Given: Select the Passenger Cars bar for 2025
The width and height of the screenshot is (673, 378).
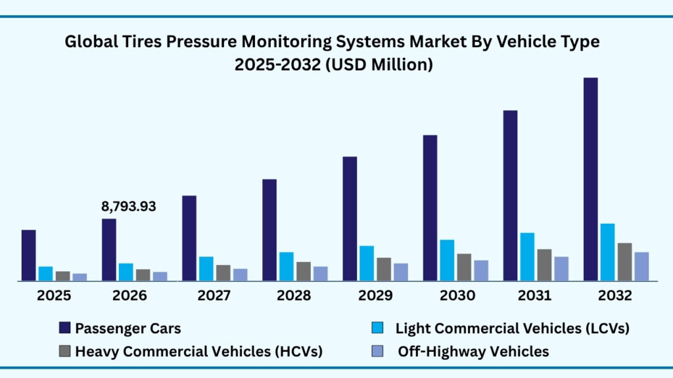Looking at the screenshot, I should click(28, 255).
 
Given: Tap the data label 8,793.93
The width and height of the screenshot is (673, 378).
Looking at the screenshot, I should click(129, 206).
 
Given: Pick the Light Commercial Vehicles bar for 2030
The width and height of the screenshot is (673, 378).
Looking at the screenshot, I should click(447, 260).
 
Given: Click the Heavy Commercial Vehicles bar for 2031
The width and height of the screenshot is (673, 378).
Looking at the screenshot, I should click(544, 264).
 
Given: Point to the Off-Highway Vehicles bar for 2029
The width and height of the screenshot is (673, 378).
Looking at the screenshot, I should click(401, 272).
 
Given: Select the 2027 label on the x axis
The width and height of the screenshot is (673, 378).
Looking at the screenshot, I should click(214, 296).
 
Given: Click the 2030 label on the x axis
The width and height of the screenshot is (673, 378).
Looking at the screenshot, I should click(457, 296).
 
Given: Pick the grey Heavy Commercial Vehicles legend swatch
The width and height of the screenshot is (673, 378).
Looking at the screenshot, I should click(64, 352).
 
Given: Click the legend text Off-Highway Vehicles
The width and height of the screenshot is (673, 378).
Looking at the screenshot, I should click(473, 352).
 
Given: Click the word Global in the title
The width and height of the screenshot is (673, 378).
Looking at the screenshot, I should click(88, 42).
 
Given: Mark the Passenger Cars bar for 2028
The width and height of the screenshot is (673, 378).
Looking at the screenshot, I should click(269, 230).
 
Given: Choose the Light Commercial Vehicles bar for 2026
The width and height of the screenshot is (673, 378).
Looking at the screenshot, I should click(126, 272).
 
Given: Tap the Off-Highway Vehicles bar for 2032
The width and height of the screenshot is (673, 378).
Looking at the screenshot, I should click(641, 266).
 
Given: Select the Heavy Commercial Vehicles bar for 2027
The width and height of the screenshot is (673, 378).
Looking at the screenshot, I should click(223, 272).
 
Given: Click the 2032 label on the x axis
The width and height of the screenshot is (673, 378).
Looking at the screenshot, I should click(615, 296).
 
